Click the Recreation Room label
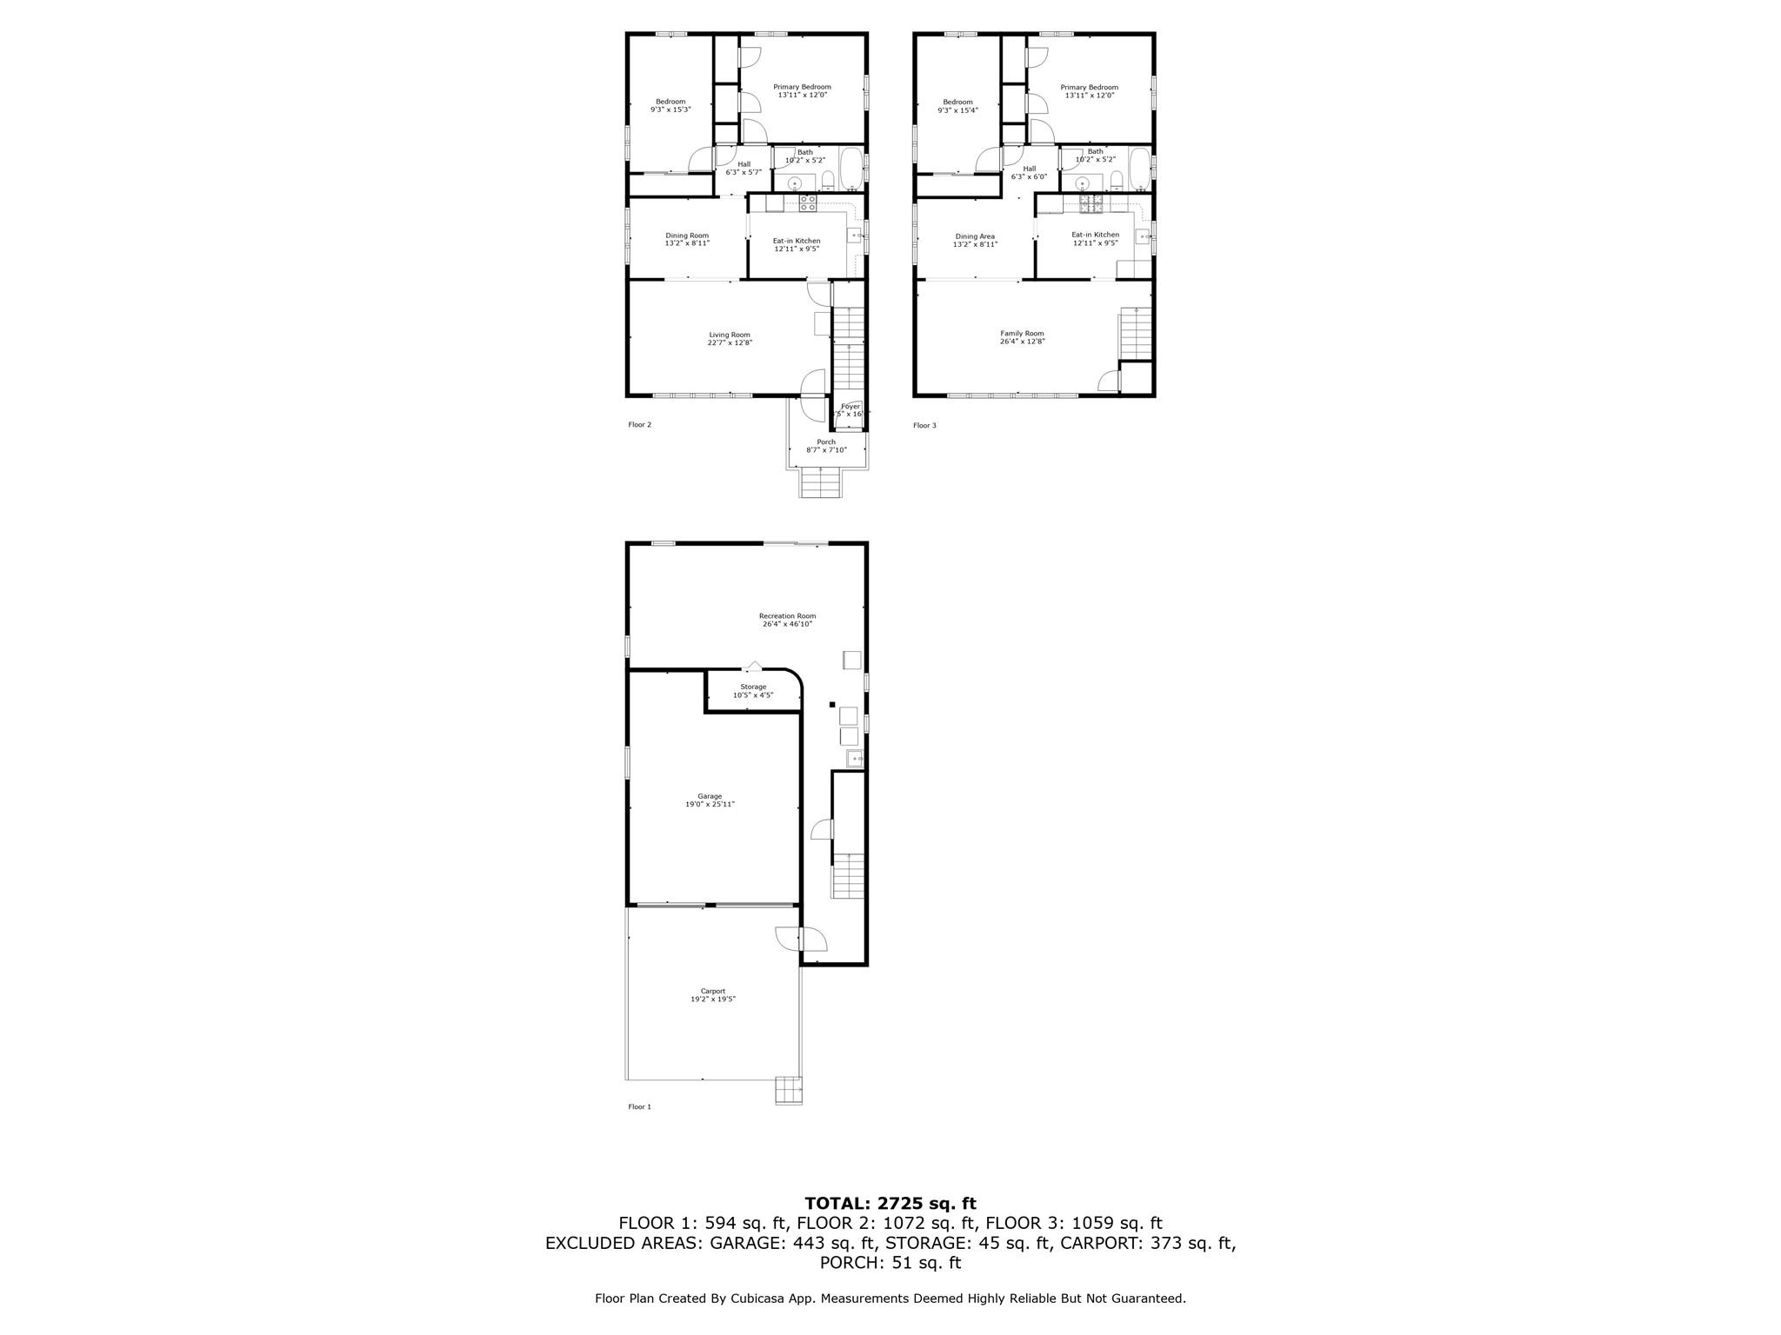coord(787,616)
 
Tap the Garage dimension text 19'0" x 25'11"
coord(710,805)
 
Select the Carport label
coord(712,991)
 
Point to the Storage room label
coord(753,687)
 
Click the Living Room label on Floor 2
coord(729,335)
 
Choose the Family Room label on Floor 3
coord(1022,334)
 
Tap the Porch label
coord(825,442)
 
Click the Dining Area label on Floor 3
coord(975,236)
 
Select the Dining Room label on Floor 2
coord(687,236)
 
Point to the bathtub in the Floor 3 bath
coord(1138,169)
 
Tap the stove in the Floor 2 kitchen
coord(808,203)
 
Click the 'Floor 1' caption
coord(639,1106)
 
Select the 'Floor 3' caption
coord(924,425)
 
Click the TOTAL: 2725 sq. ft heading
coord(890,1203)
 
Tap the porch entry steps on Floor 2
coord(821,482)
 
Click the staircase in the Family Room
coord(1135,332)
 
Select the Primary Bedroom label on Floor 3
coord(1089,87)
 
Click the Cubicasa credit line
coord(890,1298)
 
